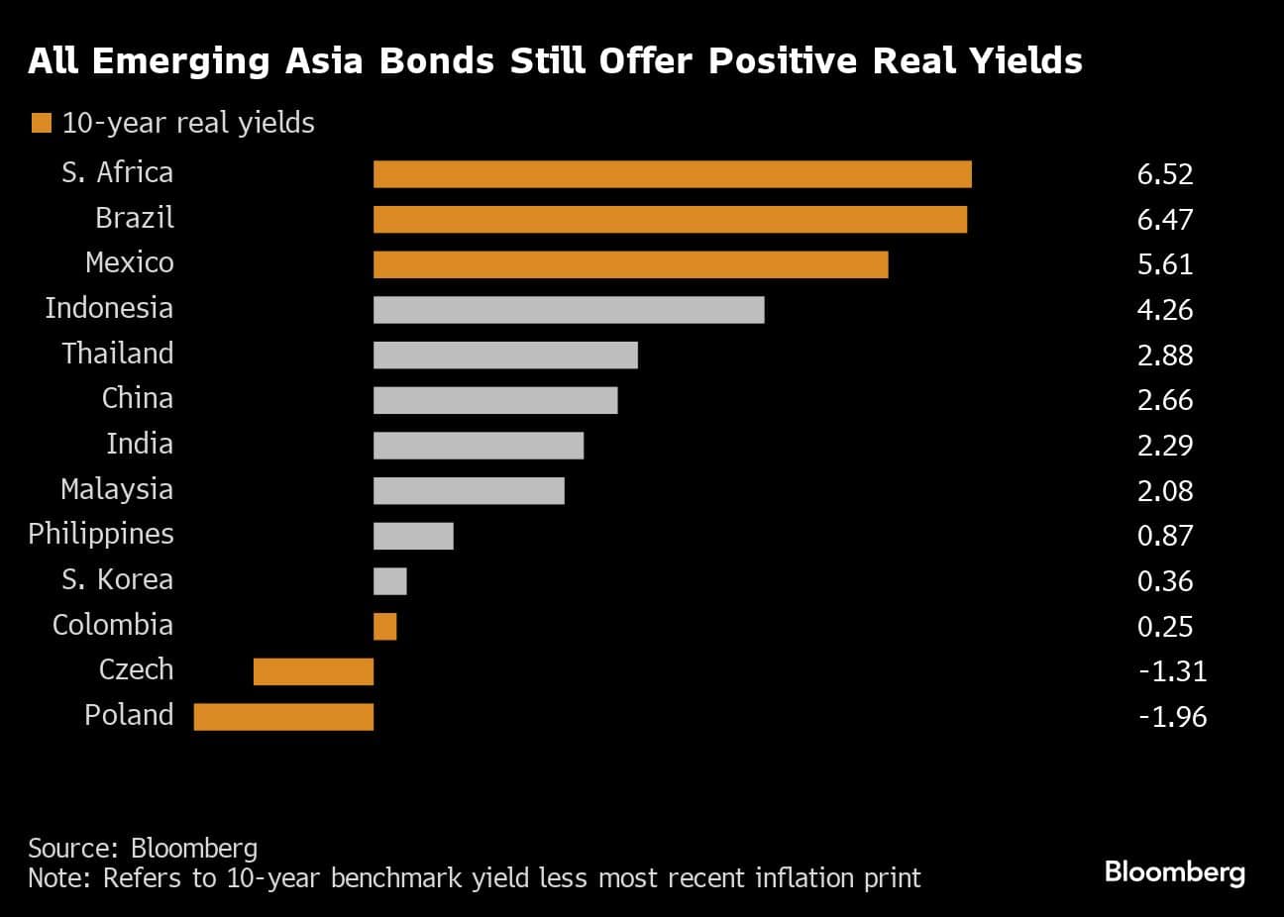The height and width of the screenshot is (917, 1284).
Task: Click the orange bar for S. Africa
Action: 672,174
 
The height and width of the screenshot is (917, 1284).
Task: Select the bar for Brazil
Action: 670,219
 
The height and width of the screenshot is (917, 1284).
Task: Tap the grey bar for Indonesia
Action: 569,310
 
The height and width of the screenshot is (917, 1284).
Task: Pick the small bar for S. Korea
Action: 389,581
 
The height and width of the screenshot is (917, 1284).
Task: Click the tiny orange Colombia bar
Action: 384,627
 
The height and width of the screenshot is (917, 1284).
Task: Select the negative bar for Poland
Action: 283,717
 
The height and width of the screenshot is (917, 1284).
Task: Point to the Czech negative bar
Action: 313,671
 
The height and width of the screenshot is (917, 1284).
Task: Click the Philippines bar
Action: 413,536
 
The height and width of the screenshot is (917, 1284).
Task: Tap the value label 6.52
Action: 1165,174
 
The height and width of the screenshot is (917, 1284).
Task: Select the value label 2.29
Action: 1165,446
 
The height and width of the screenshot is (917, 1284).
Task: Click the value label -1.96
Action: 1172,717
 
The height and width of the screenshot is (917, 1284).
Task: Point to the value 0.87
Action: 1165,536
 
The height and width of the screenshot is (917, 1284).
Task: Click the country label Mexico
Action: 130,262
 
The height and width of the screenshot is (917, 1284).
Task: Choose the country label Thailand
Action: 118,354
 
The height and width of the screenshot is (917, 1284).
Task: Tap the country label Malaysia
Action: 117,489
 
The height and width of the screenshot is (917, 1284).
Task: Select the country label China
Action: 138,398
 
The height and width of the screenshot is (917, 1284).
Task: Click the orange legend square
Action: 41,123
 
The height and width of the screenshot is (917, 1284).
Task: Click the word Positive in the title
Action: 783,61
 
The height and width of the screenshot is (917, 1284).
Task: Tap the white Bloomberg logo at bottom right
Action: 1174,871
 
